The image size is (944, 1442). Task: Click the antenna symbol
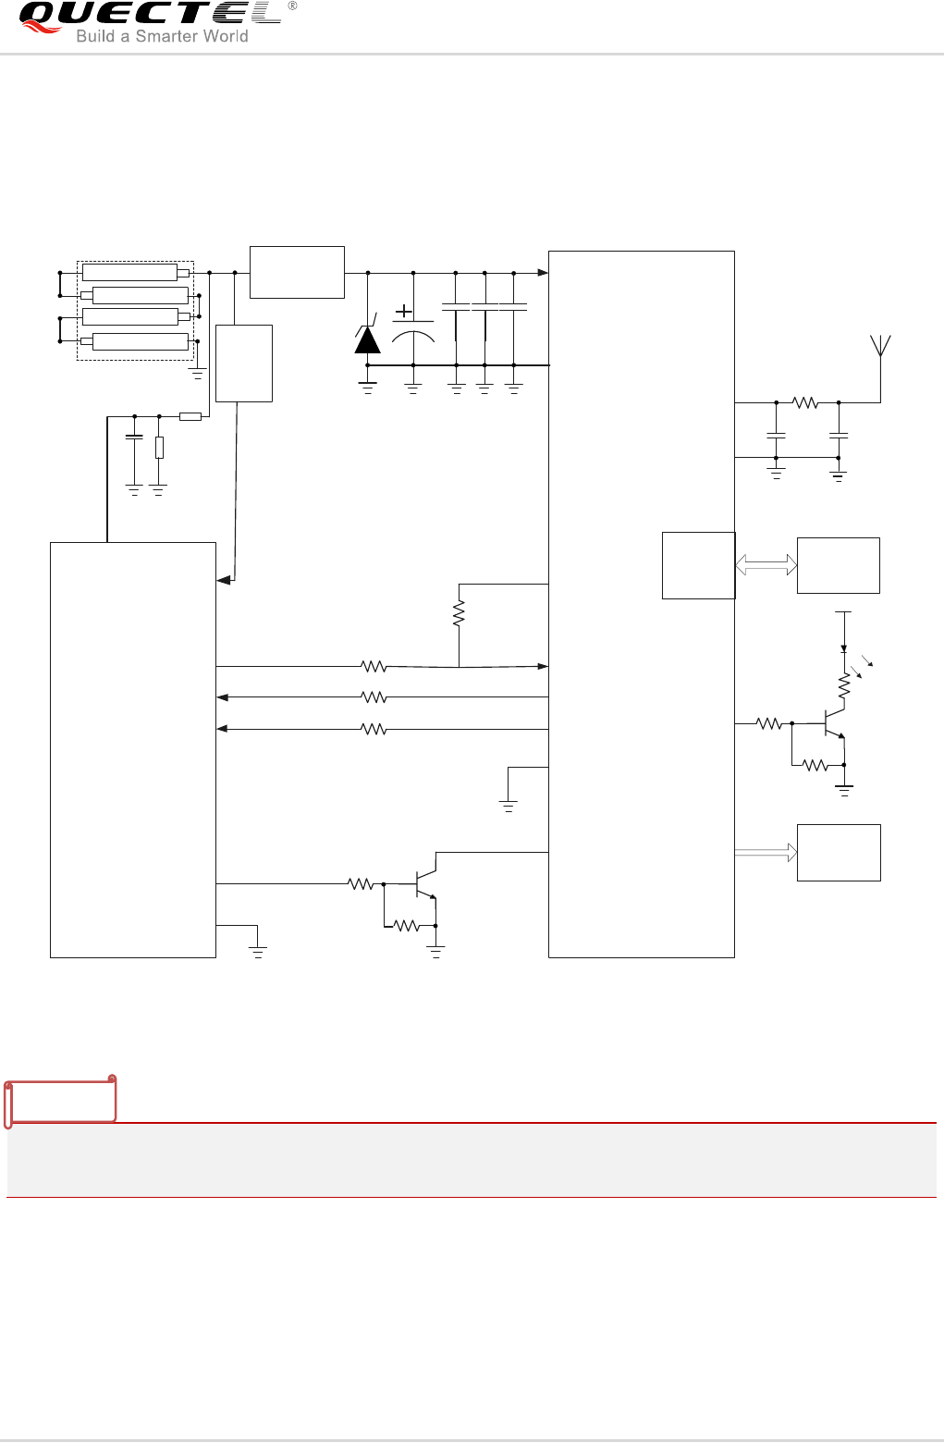tap(881, 348)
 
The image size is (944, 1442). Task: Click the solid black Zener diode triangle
tap(368, 340)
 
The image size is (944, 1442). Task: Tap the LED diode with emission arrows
tap(844, 650)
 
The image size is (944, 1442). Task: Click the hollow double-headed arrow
tap(766, 564)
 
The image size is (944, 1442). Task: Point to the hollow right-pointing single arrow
tap(766, 853)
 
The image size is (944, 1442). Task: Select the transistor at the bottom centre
tap(425, 884)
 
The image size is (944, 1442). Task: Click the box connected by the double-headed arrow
tap(839, 565)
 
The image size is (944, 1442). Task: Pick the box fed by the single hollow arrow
tap(839, 853)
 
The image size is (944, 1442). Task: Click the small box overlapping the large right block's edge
tap(698, 565)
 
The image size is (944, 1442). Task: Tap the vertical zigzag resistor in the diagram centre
tap(459, 613)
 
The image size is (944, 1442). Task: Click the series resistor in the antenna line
tap(806, 402)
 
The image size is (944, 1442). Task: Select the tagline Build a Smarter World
tap(162, 36)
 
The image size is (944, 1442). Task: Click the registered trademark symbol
tap(293, 6)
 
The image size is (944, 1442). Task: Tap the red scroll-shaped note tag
tap(61, 1100)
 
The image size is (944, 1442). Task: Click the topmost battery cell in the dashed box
tap(130, 272)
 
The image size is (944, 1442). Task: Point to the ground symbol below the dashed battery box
tap(197, 374)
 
